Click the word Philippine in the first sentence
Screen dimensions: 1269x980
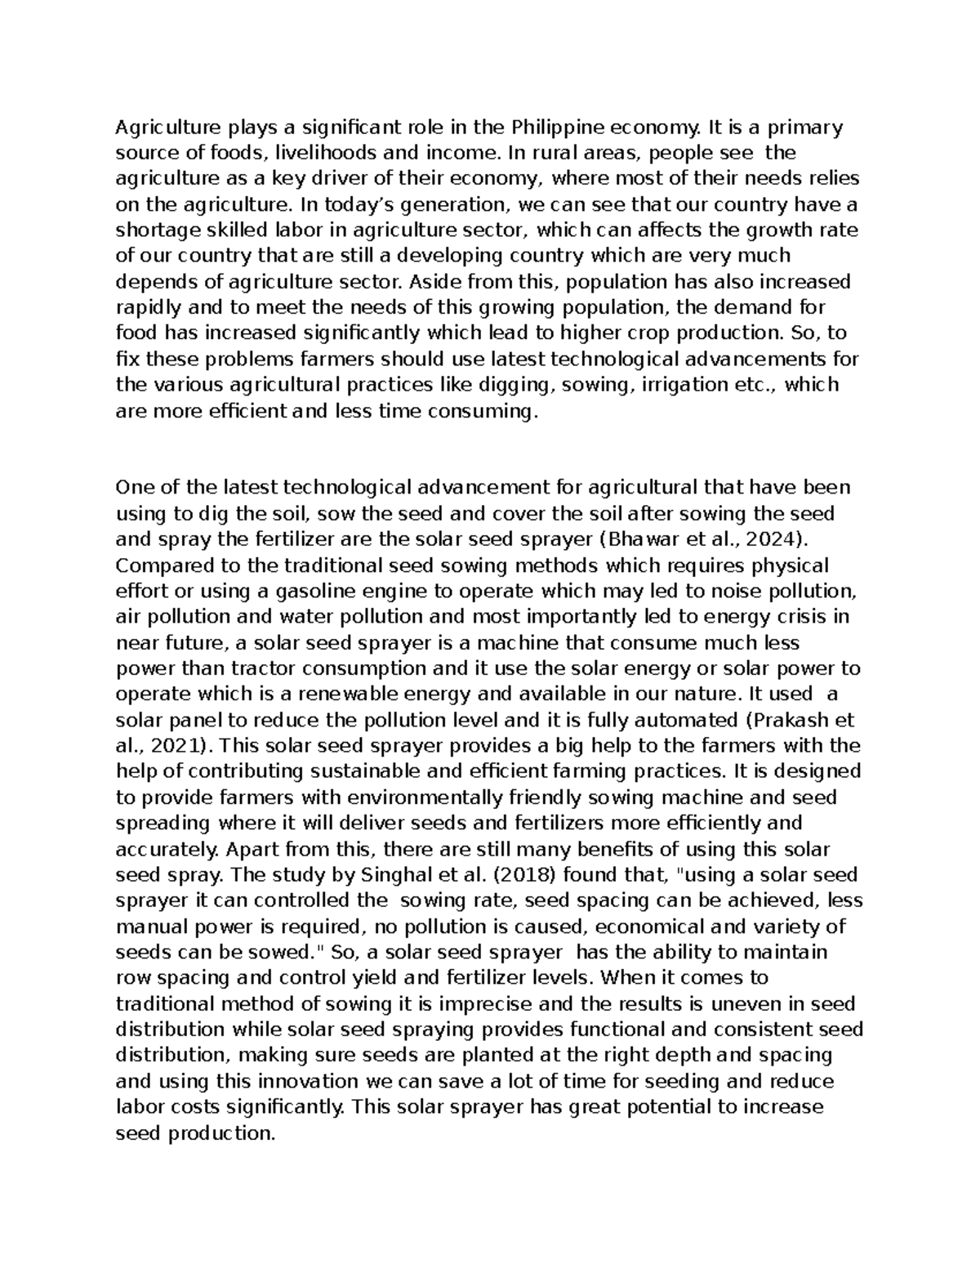tap(557, 127)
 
